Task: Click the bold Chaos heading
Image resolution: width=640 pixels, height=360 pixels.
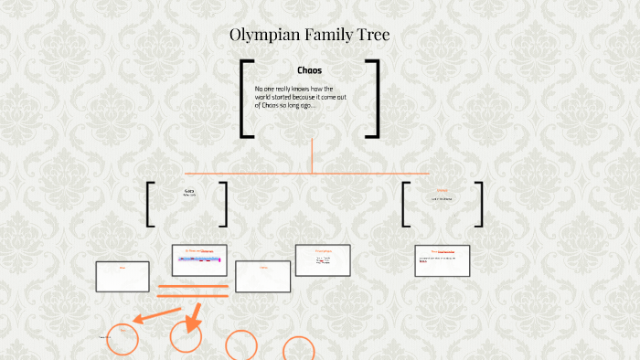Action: tap(309, 70)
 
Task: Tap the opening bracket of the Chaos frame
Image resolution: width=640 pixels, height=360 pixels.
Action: tap(245, 99)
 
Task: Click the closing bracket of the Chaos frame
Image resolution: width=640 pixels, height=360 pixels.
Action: tap(373, 99)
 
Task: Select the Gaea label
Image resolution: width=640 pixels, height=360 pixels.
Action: tap(189, 191)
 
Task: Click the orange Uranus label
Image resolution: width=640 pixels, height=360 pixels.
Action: tap(443, 191)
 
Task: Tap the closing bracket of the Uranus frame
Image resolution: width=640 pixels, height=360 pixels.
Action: tap(479, 204)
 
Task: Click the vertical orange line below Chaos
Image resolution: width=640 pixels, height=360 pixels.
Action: tap(312, 155)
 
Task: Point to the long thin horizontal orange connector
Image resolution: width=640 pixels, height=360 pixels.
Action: tap(306, 173)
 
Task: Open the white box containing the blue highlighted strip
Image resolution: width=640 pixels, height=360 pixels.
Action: tap(199, 259)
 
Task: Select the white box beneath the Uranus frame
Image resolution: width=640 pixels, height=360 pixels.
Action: tap(443, 260)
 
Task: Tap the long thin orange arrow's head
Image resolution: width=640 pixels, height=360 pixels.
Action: tap(136, 320)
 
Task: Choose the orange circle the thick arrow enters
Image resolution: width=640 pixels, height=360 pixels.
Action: tap(186, 336)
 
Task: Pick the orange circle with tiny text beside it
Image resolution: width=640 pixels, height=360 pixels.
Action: tap(123, 339)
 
